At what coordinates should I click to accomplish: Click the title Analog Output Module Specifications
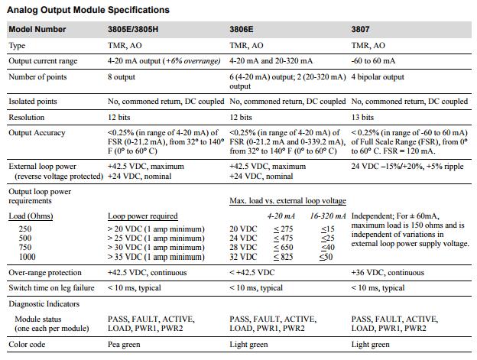click(x=88, y=10)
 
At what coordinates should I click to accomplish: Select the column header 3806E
click(x=242, y=30)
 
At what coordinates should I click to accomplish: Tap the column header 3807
click(x=360, y=30)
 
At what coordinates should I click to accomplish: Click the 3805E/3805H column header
click(x=133, y=30)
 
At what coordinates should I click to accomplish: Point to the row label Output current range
click(x=43, y=61)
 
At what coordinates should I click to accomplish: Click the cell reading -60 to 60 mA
click(x=373, y=61)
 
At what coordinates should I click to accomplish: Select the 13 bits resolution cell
click(x=362, y=118)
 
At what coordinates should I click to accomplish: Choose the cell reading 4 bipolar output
click(x=378, y=77)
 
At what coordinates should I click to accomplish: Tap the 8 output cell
click(x=122, y=77)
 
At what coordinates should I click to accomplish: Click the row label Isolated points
click(x=33, y=101)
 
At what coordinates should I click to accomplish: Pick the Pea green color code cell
click(x=124, y=345)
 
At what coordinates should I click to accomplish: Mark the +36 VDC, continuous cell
click(x=388, y=272)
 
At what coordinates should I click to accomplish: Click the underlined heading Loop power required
click(x=143, y=216)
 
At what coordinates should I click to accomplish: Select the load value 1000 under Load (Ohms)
click(x=27, y=257)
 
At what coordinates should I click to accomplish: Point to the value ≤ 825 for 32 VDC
click(x=283, y=257)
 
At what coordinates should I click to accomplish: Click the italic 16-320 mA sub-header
click(x=328, y=216)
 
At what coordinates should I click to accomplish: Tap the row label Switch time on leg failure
click(x=51, y=288)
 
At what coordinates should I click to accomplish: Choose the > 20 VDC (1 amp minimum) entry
click(x=156, y=229)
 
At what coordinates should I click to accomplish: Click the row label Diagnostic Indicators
click(x=44, y=303)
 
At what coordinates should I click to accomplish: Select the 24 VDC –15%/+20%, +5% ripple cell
click(x=407, y=167)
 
